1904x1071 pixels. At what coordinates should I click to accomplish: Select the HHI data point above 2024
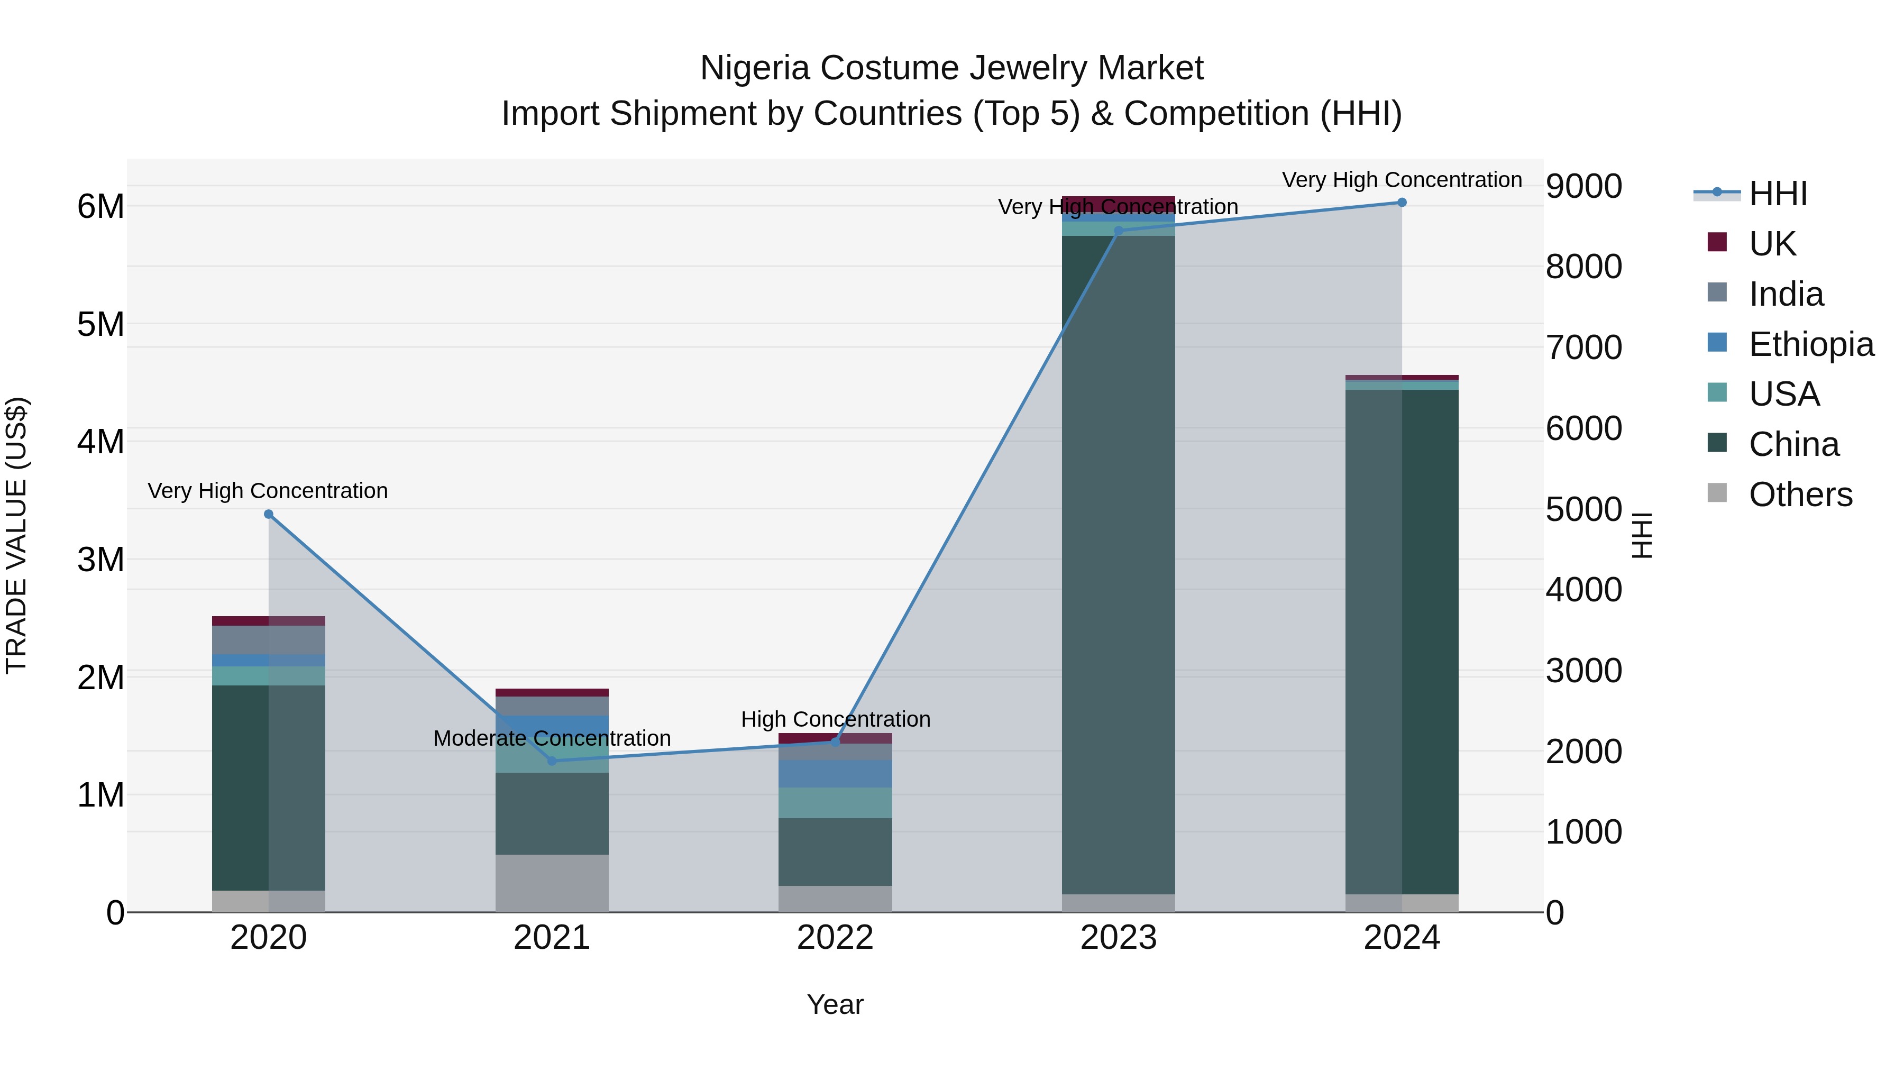(x=1402, y=203)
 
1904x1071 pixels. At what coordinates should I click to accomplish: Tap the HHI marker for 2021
(x=552, y=761)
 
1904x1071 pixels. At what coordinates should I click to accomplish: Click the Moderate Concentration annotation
(x=552, y=738)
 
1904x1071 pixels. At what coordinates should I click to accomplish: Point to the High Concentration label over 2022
(x=835, y=719)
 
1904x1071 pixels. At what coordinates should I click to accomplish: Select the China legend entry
(x=1793, y=444)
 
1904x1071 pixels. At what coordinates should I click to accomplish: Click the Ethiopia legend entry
(x=1811, y=344)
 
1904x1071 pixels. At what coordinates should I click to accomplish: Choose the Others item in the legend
(x=1800, y=495)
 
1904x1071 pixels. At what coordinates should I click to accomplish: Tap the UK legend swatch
(x=1717, y=242)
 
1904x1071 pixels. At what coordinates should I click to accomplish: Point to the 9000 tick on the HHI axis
(x=1583, y=186)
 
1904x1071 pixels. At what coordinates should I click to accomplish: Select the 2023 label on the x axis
(x=1118, y=938)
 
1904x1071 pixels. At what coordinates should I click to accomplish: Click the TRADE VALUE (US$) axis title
(x=16, y=535)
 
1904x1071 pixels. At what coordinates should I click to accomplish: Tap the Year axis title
(x=835, y=1004)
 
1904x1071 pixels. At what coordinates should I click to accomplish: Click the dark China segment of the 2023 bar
(x=1118, y=562)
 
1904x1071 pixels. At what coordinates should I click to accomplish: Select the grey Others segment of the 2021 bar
(x=552, y=883)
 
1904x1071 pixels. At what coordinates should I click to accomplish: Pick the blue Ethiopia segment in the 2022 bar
(x=835, y=773)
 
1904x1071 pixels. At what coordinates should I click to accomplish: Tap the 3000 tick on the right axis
(x=1583, y=671)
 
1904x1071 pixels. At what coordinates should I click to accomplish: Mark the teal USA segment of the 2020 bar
(x=268, y=675)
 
